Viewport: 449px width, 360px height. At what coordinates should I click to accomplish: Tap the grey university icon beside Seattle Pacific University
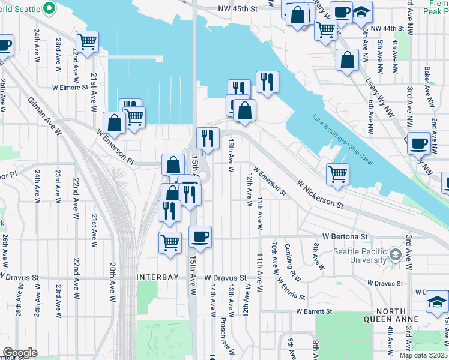coord(395,256)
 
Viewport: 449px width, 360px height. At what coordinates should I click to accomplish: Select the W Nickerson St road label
coord(320,193)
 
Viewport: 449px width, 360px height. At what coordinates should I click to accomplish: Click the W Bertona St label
coord(344,237)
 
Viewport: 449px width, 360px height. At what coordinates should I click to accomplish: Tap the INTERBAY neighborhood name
coord(158,278)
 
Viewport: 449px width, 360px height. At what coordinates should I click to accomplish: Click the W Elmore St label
coord(70,87)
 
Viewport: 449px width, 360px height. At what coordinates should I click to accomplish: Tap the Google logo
coord(20,353)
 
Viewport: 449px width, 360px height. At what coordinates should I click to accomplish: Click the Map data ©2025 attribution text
coord(423,355)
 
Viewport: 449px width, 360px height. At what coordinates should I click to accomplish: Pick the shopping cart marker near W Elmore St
coord(88,42)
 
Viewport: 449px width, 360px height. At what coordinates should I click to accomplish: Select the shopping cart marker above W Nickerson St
coord(337,174)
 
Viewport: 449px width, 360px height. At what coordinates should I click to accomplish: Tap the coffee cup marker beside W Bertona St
coord(200,236)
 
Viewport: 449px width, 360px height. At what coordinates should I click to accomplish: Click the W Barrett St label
coord(314,311)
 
